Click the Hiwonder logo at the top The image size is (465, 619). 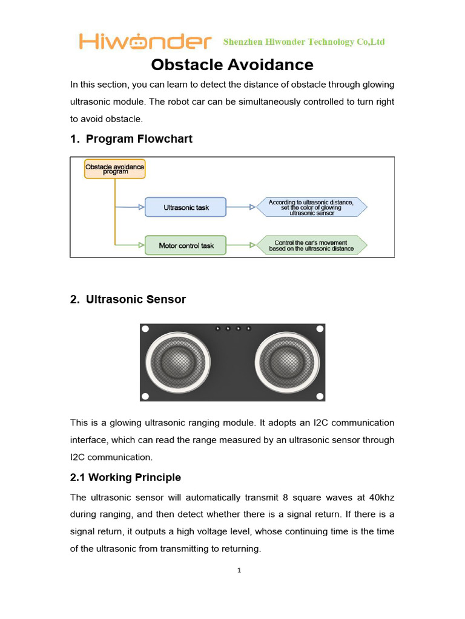coord(145,42)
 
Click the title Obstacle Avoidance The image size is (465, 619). coord(232,65)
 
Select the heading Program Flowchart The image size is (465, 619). coord(131,139)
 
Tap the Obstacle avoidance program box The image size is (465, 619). coord(114,169)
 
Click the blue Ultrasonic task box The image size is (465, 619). coord(185,207)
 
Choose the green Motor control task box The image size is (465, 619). coord(185,245)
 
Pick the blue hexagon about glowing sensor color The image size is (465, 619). coord(311,207)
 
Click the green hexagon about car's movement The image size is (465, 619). coord(311,245)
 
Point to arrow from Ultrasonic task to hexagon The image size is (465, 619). coord(241,207)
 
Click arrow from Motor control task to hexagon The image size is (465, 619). coord(241,245)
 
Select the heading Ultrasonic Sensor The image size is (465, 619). coord(128,300)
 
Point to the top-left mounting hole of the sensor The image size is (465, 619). coord(145,329)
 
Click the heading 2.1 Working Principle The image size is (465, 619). coord(125,478)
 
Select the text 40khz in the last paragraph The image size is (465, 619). coord(381,497)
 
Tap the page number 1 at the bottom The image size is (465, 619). coord(240,571)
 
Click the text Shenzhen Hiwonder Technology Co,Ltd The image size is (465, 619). coord(304,42)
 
